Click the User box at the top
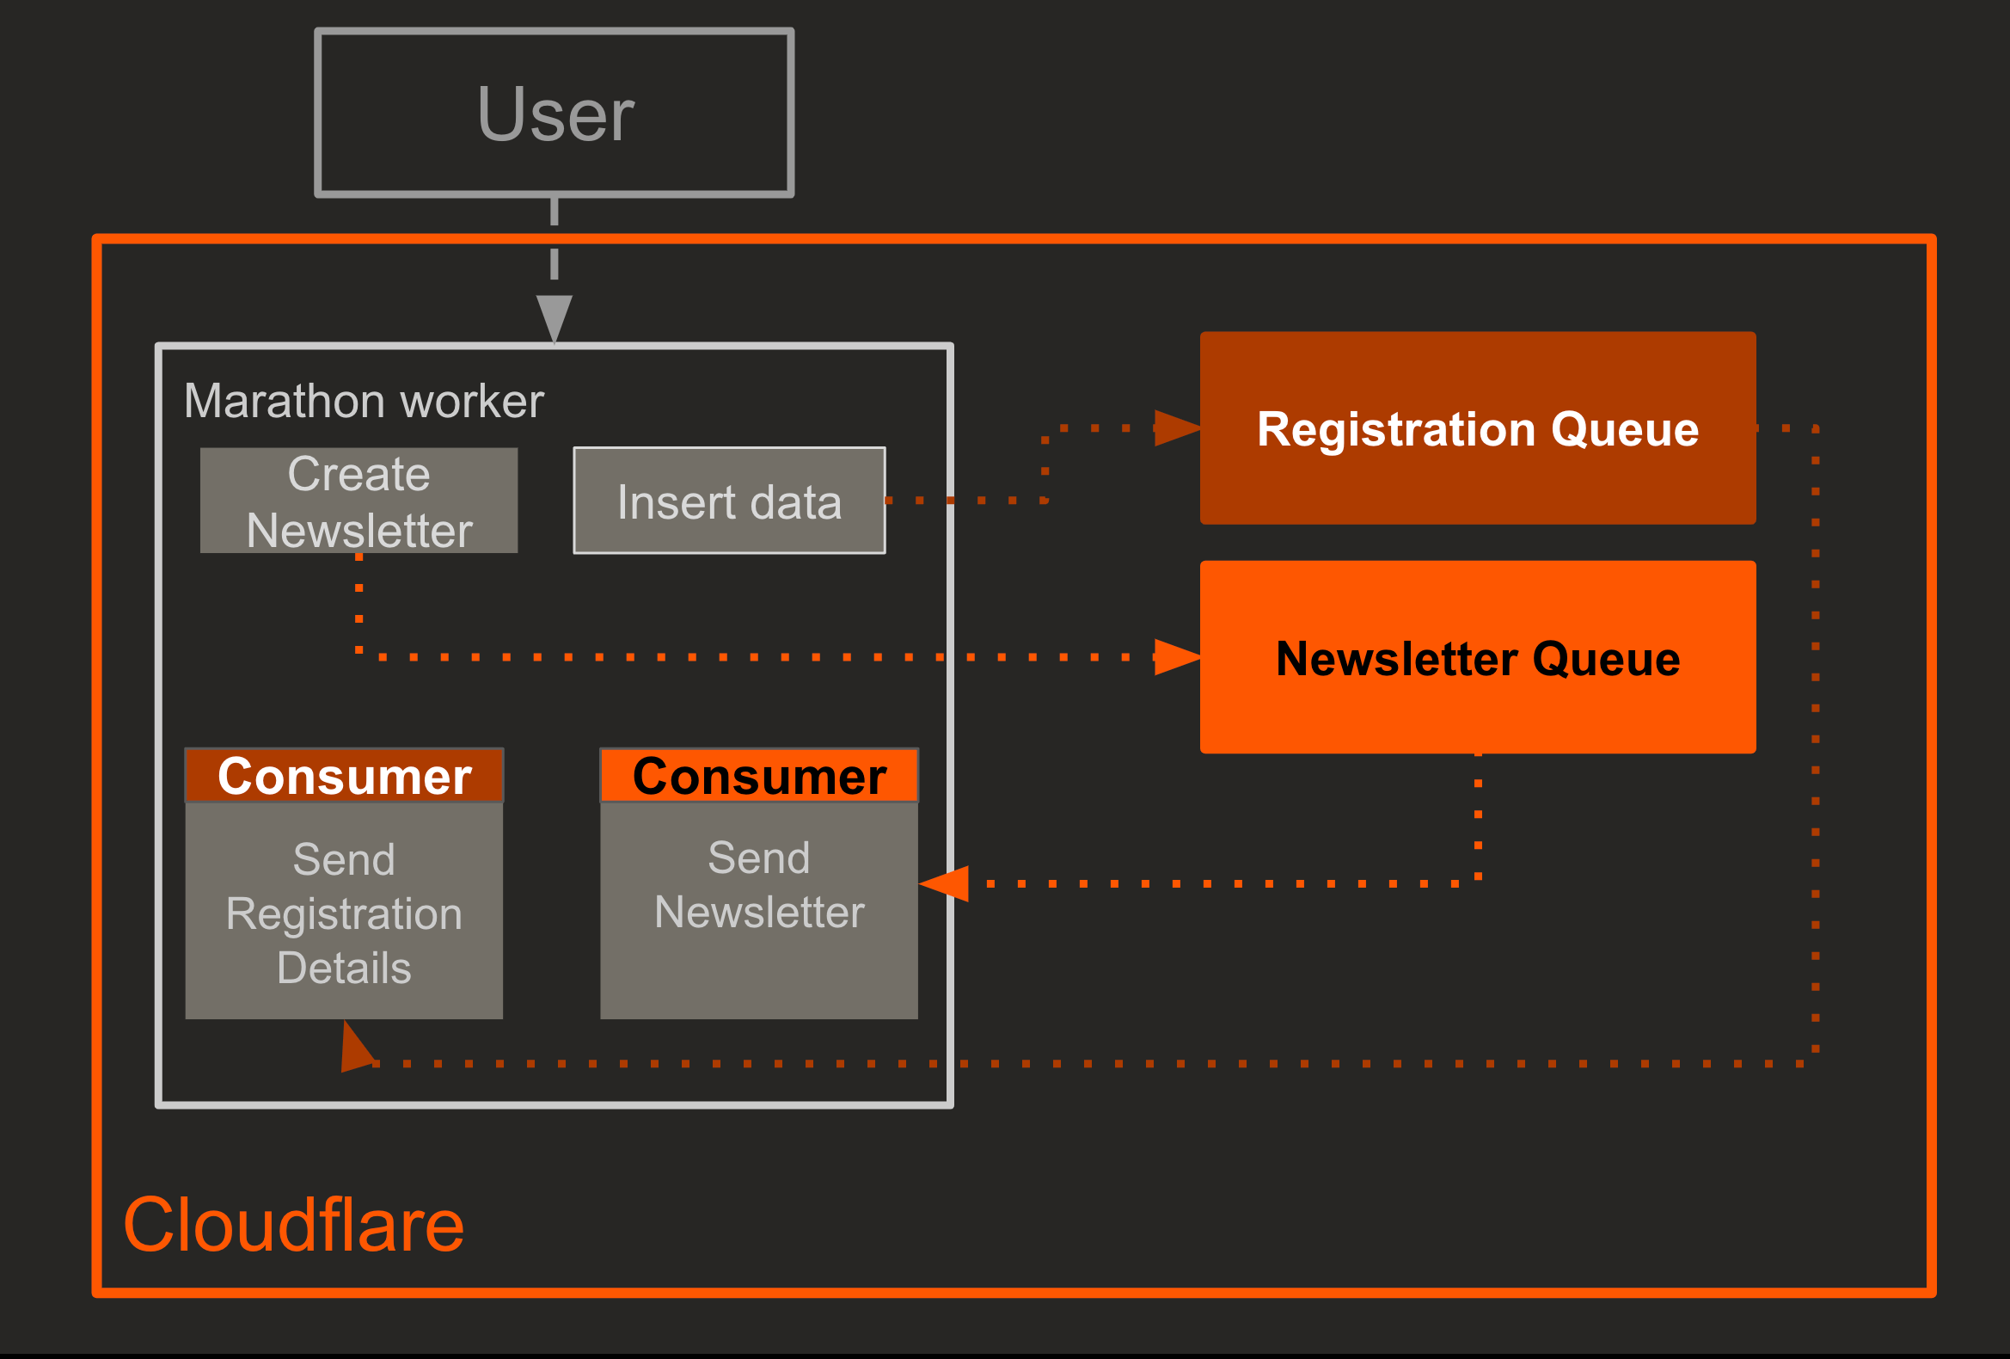[555, 114]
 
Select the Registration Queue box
[1477, 428]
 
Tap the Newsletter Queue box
[1477, 657]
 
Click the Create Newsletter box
[359, 501]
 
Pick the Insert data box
[729, 501]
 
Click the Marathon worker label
[364, 402]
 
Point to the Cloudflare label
[294, 1225]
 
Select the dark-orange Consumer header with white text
[344, 776]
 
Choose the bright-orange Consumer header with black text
[759, 776]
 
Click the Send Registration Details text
[344, 913]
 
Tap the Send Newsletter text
[759, 885]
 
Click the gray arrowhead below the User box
[555, 317]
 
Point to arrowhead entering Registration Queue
[1177, 428]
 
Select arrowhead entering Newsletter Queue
[1177, 657]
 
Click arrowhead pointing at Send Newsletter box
[946, 884]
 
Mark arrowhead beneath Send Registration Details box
[355, 1048]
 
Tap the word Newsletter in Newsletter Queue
[1396, 659]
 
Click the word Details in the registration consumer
[344, 968]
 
